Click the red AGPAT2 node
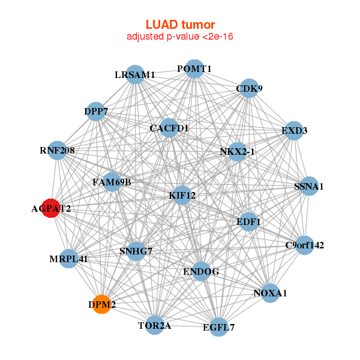52,208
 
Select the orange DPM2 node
102,305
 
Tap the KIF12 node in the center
182,195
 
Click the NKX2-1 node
238,152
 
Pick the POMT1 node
194,69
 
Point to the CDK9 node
249,89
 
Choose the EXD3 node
293,130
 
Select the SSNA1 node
308,187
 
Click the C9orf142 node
304,245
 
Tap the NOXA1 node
270,293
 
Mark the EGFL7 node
219,327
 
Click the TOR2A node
155,325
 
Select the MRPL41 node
69,259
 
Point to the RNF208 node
57,150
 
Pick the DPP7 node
96,111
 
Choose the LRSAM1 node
135,74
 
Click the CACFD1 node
169,128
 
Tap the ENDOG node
200,272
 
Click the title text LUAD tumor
180,25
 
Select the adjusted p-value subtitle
180,37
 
